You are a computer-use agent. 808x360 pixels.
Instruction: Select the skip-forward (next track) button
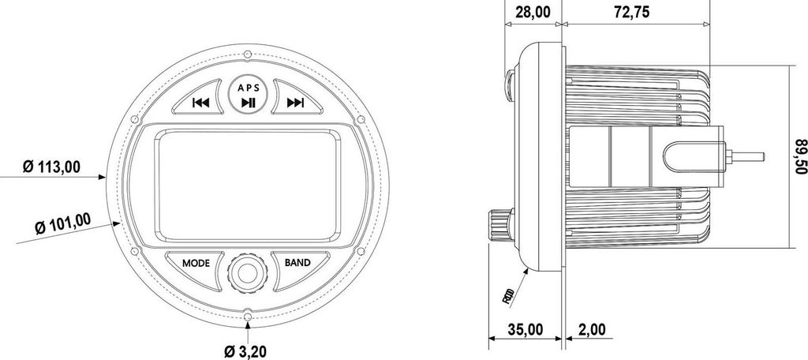297,97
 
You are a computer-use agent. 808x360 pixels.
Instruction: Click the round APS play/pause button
248,94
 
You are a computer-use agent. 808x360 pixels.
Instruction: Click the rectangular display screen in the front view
248,186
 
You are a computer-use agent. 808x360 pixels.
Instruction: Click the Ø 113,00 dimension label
51,167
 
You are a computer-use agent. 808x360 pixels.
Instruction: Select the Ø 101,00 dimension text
63,223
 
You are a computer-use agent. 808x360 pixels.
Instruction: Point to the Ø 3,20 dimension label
246,352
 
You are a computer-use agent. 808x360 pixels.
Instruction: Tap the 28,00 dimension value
533,12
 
